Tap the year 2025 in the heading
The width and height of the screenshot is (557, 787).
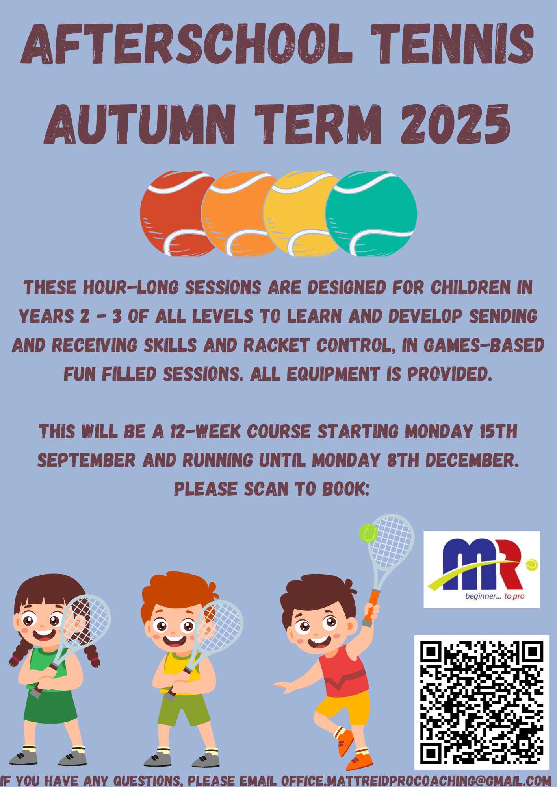click(455, 124)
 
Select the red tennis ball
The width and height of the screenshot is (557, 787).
click(173, 214)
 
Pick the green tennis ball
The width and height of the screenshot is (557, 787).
click(371, 214)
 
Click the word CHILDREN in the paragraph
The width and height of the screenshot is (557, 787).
click(471, 288)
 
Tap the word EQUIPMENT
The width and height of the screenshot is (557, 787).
click(333, 374)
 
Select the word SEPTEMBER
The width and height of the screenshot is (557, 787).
click(86, 460)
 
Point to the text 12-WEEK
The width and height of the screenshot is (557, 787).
click(205, 432)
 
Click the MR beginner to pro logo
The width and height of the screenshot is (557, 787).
click(482, 569)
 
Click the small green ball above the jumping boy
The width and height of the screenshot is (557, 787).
click(368, 533)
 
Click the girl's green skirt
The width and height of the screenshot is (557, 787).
click(50, 706)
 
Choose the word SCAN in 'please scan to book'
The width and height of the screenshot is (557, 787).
click(266, 489)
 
